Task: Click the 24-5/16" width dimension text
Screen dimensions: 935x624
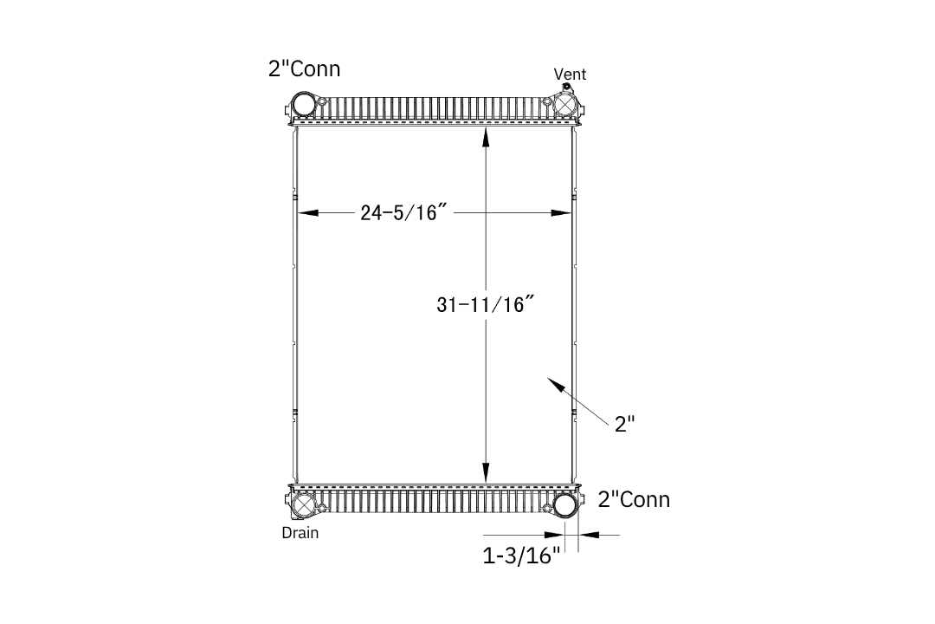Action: [x=403, y=212]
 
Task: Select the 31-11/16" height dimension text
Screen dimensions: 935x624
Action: [x=485, y=304]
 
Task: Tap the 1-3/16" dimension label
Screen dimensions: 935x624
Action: [x=521, y=556]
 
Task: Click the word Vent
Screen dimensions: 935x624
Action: [x=570, y=74]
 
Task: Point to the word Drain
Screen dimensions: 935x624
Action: [x=300, y=533]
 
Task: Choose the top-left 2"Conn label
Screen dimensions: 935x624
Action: [x=304, y=68]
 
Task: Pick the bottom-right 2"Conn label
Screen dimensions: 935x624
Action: [x=634, y=499]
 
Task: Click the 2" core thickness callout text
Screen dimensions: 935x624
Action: [x=624, y=424]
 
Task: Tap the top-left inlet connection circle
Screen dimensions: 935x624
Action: [x=304, y=104]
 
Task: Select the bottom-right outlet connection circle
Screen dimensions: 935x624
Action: [x=564, y=505]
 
